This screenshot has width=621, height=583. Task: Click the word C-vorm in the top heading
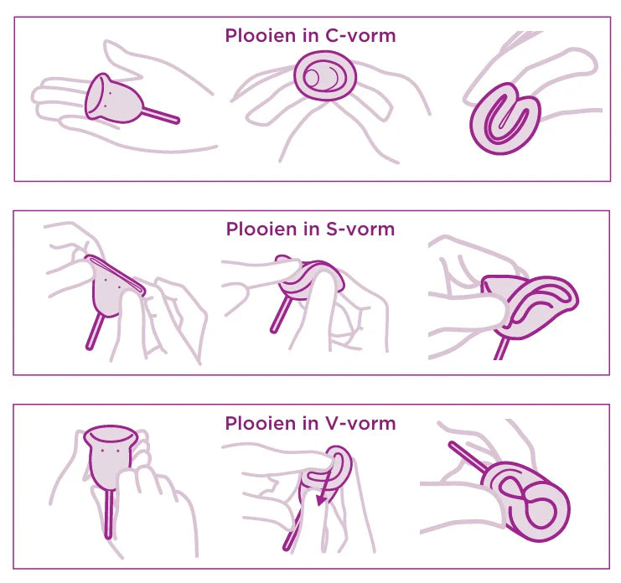[x=360, y=36]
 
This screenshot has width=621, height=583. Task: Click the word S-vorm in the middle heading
[x=360, y=230]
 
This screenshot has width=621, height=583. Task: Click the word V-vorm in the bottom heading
[x=360, y=423]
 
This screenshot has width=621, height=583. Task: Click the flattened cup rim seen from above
[x=325, y=76]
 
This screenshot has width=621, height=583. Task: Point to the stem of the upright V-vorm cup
[x=109, y=513]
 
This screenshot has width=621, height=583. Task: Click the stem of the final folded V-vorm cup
[x=468, y=457]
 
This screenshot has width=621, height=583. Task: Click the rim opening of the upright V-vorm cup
[x=111, y=432]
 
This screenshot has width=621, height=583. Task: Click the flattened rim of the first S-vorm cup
[x=116, y=275]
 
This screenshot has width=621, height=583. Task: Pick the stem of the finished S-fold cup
[x=501, y=348]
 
